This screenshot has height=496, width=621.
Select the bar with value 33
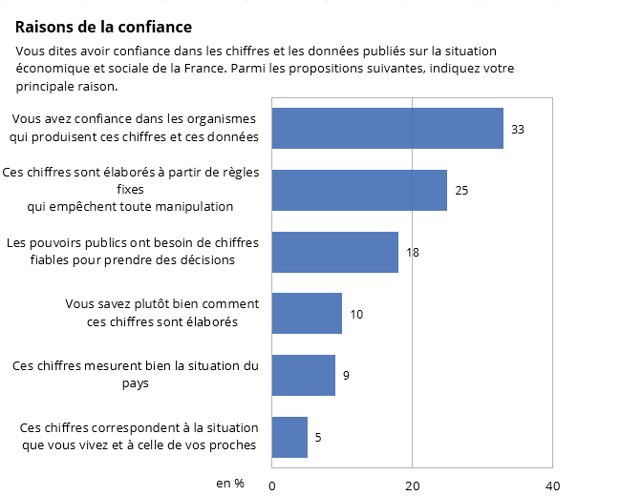coord(387,128)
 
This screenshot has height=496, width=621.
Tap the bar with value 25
coord(359,190)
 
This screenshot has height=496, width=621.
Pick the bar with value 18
coord(334,252)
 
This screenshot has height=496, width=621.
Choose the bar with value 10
coord(307,314)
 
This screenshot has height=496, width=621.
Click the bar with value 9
coord(303,375)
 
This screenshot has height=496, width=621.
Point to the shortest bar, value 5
coord(289,437)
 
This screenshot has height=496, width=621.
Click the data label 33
coord(518,129)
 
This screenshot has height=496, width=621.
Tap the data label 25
coord(461,191)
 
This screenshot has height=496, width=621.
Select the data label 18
coord(413,253)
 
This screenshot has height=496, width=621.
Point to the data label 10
coord(356,314)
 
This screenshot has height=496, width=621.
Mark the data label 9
coord(346,376)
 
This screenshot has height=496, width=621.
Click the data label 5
coord(318,438)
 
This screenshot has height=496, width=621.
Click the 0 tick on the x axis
coord(272,485)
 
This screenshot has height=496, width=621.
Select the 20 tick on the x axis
coord(412,485)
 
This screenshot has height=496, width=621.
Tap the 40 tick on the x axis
coord(551,485)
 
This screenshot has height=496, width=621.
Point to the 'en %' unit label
coord(230,484)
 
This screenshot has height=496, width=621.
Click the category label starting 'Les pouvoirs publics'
coord(133,251)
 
